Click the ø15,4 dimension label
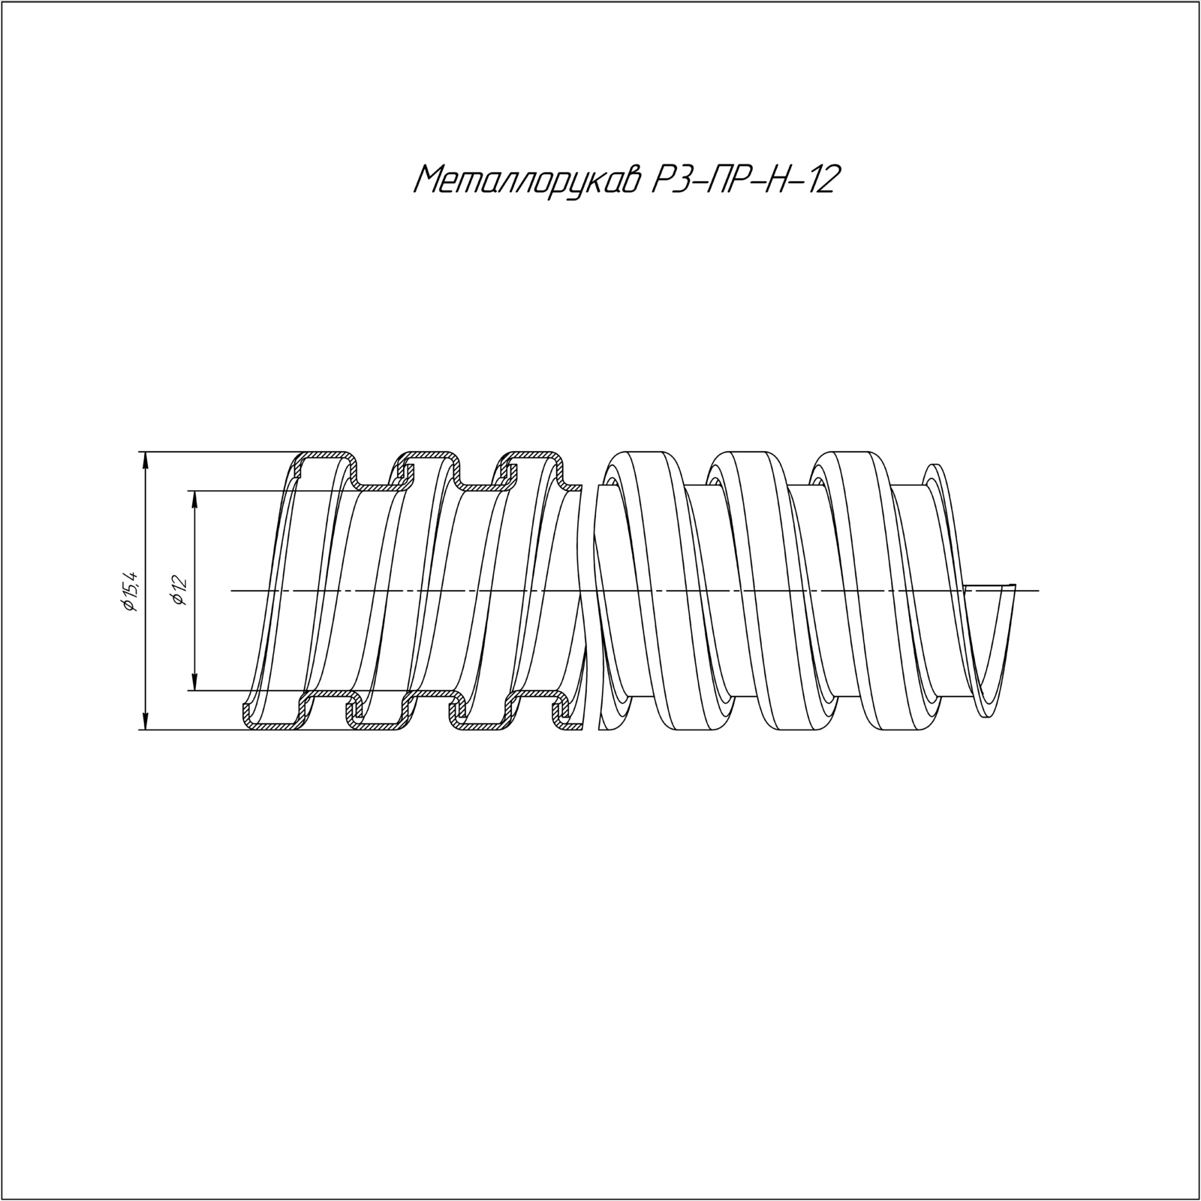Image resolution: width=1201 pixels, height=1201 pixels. point(130,591)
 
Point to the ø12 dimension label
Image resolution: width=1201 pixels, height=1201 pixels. point(178,591)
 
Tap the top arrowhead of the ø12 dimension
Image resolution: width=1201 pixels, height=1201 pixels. point(194,499)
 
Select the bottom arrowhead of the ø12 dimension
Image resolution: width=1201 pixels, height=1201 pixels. point(194,682)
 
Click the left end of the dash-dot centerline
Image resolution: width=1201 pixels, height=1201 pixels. point(231,591)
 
